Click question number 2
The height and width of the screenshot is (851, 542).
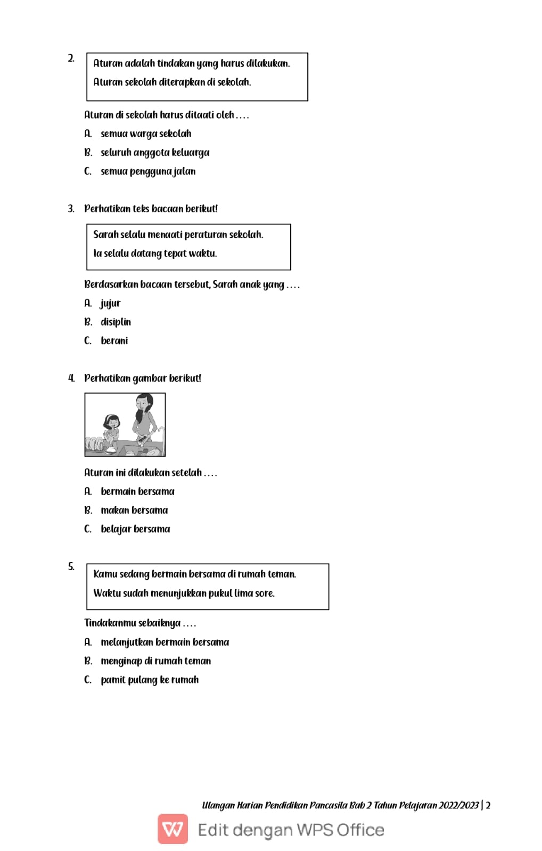71,58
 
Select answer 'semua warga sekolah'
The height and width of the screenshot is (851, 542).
145,134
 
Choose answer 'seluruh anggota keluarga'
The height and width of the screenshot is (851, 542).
154,153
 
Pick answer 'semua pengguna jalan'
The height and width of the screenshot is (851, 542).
147,171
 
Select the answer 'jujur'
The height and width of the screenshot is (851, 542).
110,303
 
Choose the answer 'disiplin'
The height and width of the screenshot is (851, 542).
116,322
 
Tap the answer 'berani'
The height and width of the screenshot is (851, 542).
114,340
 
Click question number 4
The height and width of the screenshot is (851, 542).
71,378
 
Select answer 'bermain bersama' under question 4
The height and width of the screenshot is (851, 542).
137,491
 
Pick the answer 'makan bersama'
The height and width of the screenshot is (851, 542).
134,510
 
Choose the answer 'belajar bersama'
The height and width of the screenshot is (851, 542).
135,529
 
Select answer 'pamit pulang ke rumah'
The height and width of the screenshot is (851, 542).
150,680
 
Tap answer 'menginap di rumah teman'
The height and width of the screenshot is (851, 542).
155,661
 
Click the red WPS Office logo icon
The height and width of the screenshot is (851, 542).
173,829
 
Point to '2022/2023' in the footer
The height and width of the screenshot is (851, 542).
458,805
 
